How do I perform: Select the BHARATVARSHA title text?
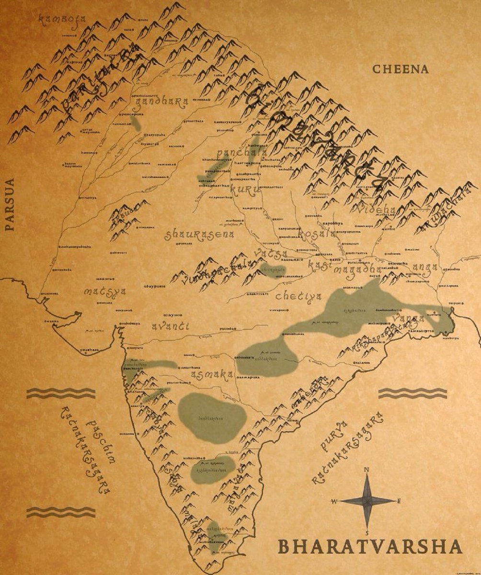point(370,547)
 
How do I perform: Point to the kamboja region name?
point(62,20)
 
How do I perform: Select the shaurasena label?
point(199,234)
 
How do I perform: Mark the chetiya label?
point(298,296)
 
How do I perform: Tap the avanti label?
point(170,326)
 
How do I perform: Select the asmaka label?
point(212,375)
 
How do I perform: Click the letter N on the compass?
point(366,470)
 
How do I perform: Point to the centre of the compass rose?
point(367,501)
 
